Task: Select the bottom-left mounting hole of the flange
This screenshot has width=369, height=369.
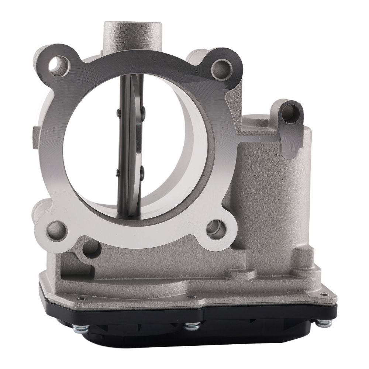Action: (56, 231)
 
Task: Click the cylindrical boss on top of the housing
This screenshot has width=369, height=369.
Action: (132, 35)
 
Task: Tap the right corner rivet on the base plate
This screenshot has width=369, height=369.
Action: (325, 294)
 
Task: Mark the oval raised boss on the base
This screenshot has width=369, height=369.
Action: (241, 274)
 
